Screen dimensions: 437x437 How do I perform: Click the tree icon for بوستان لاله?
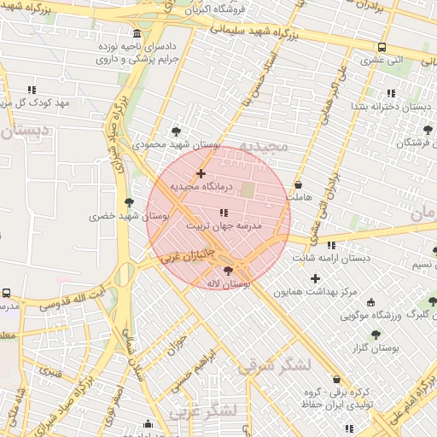227,271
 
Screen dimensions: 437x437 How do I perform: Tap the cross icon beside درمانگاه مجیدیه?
201,173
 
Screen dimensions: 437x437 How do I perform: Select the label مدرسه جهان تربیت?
224,227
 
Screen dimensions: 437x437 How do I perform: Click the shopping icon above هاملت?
298,185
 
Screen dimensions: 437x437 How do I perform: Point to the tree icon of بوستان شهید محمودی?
176,131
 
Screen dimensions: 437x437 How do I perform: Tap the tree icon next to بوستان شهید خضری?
129,202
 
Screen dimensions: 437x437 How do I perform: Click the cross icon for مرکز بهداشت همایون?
316,278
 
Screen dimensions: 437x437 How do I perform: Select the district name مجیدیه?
264,147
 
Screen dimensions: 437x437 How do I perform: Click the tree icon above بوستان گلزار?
376,335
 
